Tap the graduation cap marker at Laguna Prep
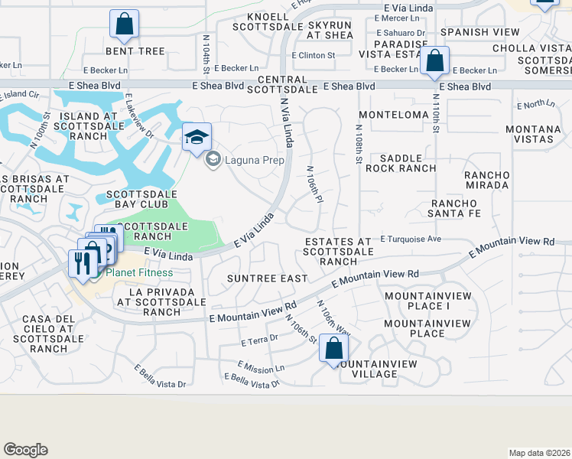(x=197, y=138)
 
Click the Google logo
(x=25, y=450)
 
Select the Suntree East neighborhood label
(x=268, y=278)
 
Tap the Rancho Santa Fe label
(x=455, y=208)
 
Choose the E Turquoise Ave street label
(x=411, y=239)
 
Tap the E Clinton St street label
(x=314, y=55)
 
